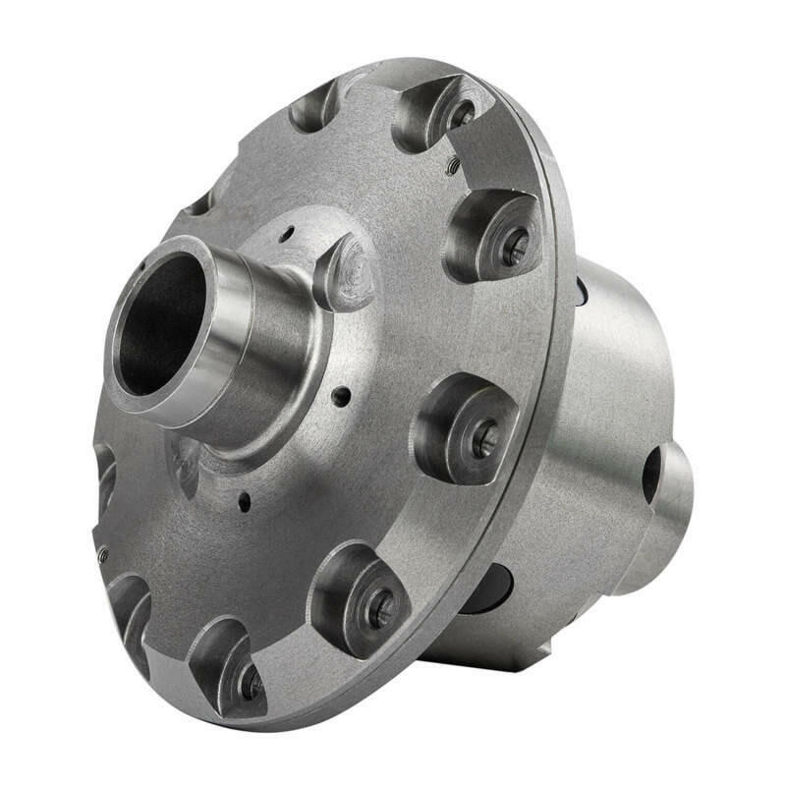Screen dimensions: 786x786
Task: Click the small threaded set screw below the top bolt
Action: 453,166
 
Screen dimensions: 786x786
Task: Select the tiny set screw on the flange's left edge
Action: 103,555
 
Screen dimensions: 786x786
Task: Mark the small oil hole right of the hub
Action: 340,397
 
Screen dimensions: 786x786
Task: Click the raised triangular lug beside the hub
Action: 346,273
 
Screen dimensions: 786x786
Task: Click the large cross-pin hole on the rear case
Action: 652,477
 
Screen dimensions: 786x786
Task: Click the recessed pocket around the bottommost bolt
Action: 221,658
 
